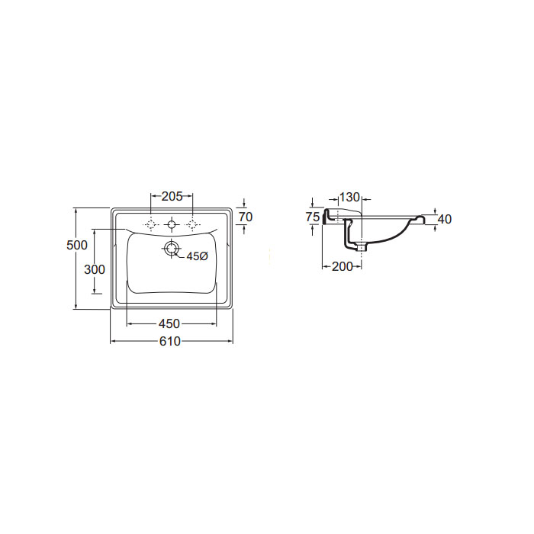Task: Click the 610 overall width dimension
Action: (x=170, y=341)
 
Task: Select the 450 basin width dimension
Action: (x=169, y=323)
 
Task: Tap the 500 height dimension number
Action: (x=77, y=245)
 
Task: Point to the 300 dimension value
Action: (x=95, y=269)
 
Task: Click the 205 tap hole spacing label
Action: (x=172, y=196)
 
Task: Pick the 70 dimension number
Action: (x=246, y=217)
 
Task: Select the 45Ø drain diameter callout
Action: (x=197, y=256)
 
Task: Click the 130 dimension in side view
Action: (x=349, y=197)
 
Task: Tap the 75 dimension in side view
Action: (x=313, y=217)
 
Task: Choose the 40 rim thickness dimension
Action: (x=445, y=220)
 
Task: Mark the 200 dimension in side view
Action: (x=342, y=267)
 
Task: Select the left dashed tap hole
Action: (x=151, y=224)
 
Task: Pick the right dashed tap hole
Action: (x=192, y=224)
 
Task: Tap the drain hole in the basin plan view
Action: (x=171, y=248)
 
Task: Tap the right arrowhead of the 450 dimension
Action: (x=214, y=323)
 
